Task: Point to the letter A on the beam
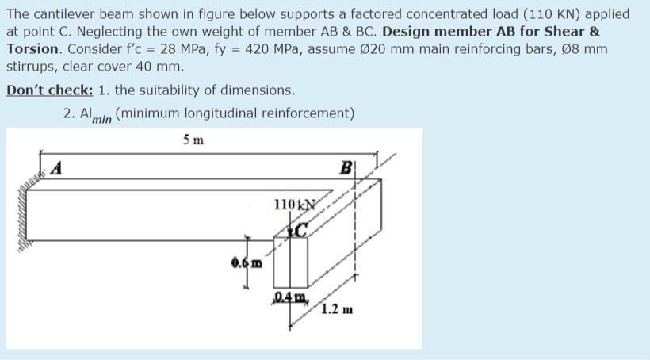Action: coord(57,167)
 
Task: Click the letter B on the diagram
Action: coord(346,167)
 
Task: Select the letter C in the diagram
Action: coord(300,230)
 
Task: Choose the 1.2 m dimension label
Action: coord(336,308)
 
